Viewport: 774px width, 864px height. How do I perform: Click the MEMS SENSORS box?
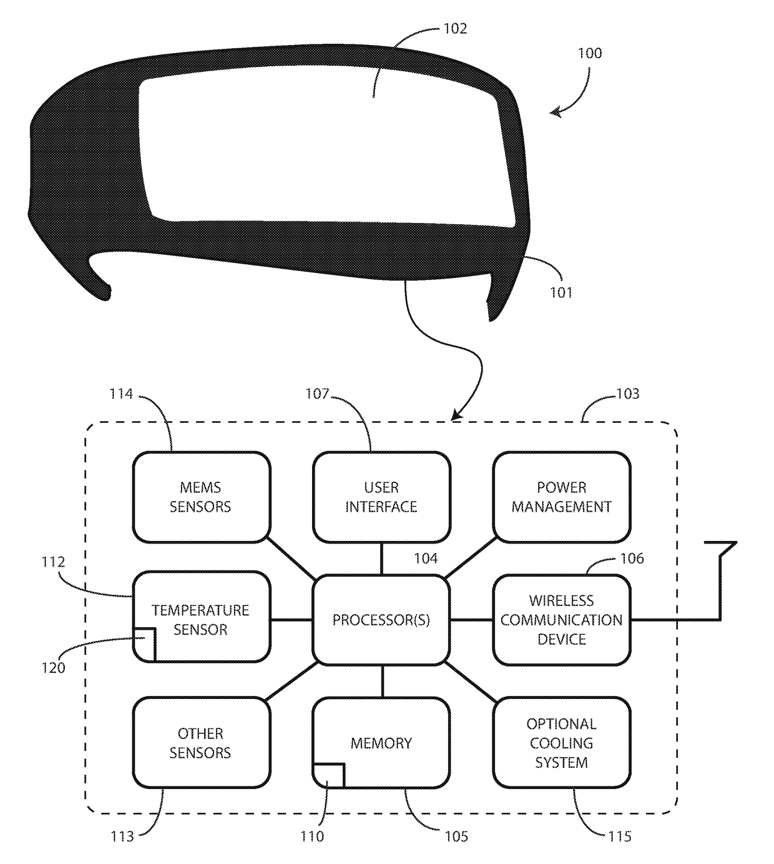coord(201,497)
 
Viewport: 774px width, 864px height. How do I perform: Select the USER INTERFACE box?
coord(381,497)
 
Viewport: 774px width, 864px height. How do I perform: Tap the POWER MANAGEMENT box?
coord(561,497)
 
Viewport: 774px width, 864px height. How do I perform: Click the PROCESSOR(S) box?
coord(381,620)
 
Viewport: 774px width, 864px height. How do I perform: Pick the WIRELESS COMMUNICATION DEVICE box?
coord(561,620)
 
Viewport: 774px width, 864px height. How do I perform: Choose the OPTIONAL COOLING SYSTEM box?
coord(561,743)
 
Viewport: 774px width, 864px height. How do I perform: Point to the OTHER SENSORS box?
coord(201,743)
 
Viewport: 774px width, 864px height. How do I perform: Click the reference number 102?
coord(455,29)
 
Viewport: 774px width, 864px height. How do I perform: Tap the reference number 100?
coord(590,53)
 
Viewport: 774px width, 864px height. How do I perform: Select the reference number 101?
coord(561,292)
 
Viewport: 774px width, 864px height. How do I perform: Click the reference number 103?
coord(627,394)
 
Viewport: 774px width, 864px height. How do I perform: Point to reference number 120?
coord(53,668)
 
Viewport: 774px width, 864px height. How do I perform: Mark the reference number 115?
coord(620,837)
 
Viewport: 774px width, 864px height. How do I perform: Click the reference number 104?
coord(426,559)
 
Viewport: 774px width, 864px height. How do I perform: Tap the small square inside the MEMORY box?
coord(330,775)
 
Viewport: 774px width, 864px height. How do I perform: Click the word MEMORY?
coord(381,743)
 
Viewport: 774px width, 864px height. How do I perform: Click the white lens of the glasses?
coord(325,150)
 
